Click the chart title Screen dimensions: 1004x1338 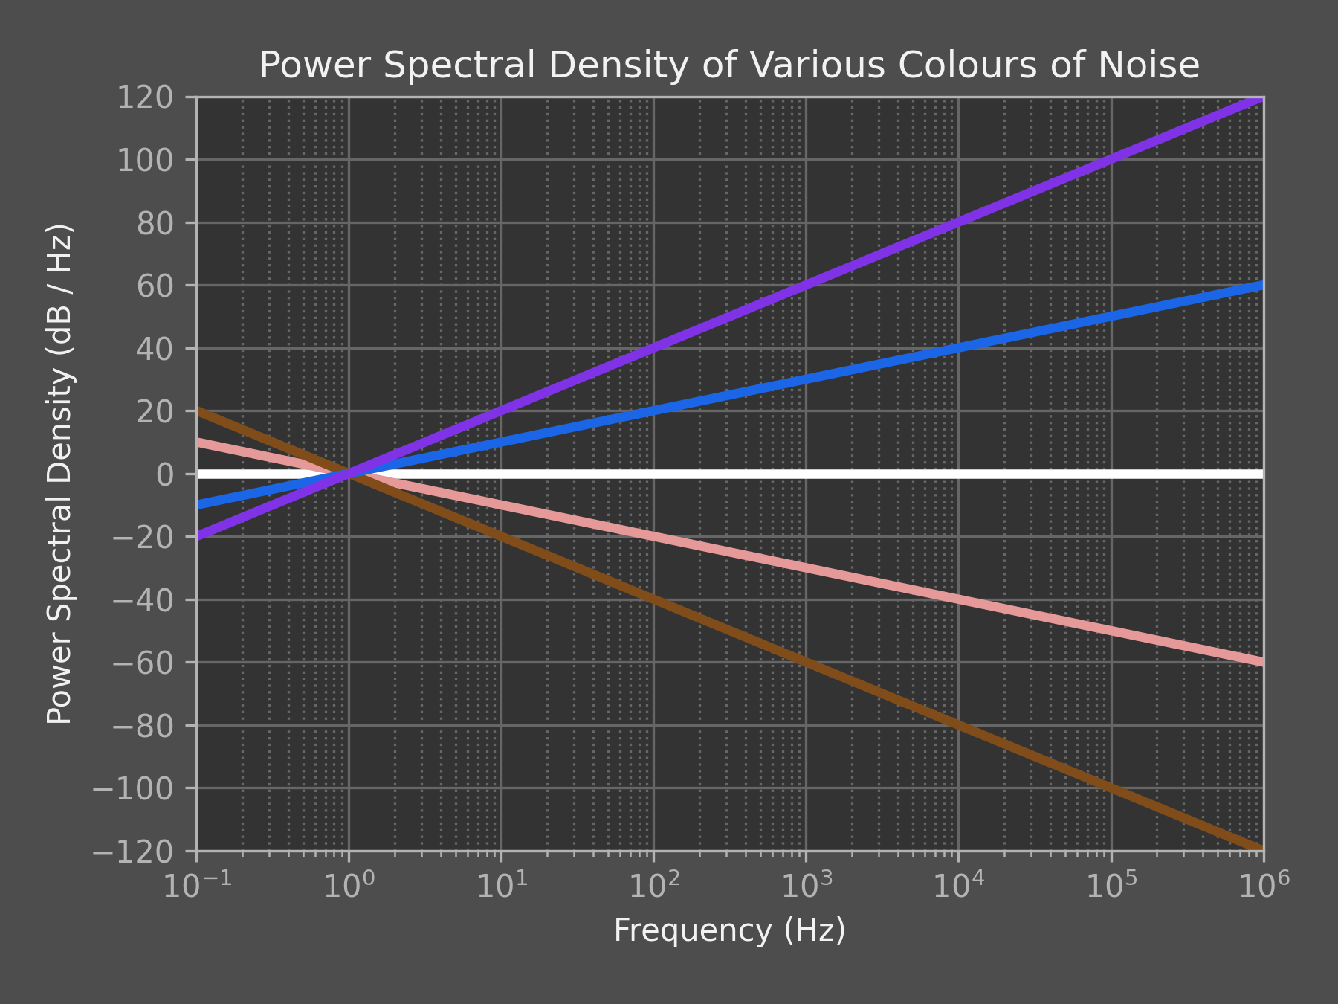(729, 65)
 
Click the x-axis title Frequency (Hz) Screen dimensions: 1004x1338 (729, 930)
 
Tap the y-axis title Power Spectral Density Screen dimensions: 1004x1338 (60, 474)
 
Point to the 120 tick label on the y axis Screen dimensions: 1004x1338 (155, 97)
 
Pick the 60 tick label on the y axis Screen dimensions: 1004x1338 (155, 286)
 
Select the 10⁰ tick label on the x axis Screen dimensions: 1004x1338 (349, 886)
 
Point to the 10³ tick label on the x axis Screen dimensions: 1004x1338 (806, 886)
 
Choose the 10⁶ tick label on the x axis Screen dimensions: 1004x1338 (1263, 886)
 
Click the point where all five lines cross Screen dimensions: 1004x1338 (349, 474)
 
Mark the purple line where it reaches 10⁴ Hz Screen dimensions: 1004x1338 (958, 222)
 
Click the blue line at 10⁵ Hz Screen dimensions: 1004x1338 (1111, 317)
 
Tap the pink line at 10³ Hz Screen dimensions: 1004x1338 (806, 568)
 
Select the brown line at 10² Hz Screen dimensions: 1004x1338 (653, 599)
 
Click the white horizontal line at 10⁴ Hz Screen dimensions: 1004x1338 (958, 474)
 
